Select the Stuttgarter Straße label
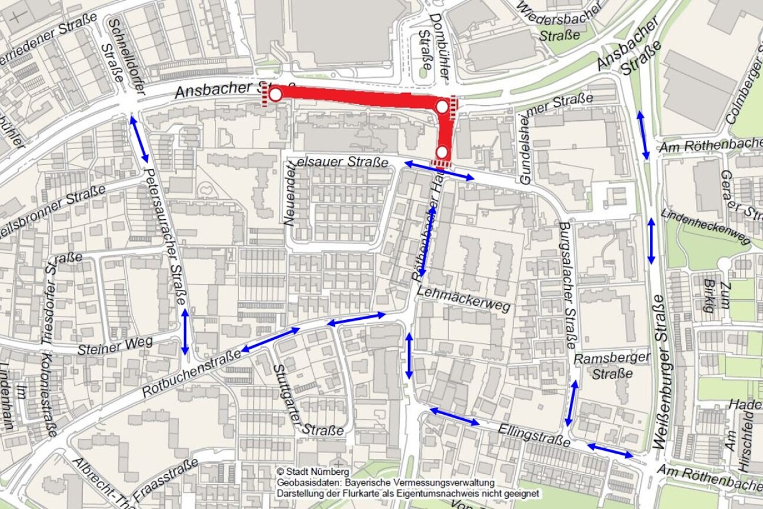300,401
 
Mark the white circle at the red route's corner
442,107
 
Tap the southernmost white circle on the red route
442,152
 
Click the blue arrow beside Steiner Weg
185,332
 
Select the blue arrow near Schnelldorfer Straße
140,140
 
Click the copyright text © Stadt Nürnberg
313,471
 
